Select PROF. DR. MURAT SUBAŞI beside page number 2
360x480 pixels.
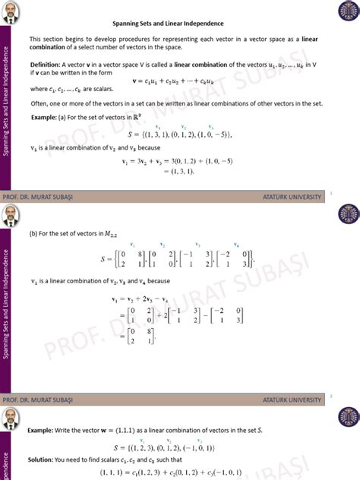pos(37,399)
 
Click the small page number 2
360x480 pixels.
pos(332,395)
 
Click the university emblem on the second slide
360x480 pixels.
pos(349,216)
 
